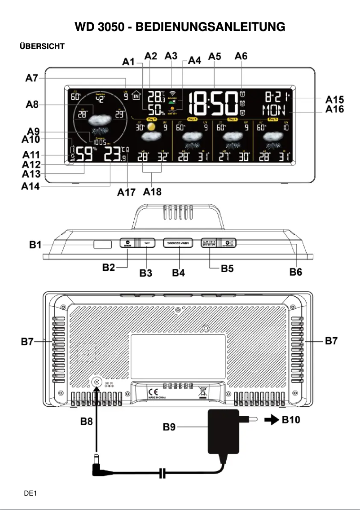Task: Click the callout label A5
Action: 215,57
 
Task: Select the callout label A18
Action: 153,192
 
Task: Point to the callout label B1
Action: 35,245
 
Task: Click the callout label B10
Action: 291,420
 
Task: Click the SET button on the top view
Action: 148,243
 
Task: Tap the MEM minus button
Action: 127,243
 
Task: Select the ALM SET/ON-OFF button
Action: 208,243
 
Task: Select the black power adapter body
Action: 223,431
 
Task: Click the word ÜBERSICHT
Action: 42,46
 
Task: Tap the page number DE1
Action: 30,493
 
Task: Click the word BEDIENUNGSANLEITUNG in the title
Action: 210,27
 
